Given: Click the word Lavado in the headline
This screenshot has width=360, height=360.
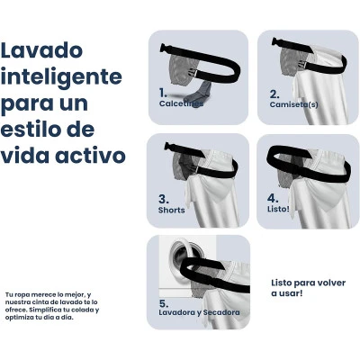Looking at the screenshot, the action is pyautogui.click(x=41, y=50).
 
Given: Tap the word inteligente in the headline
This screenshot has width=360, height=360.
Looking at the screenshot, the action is pyautogui.click(x=61, y=76).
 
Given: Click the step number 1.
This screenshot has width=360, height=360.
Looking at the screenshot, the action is pyautogui.click(x=163, y=93).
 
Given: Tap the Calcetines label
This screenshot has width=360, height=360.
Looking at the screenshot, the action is pyautogui.click(x=181, y=103).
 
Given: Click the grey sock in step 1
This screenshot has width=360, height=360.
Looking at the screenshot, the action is pyautogui.click(x=199, y=92).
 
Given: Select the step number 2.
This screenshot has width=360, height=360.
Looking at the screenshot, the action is pyautogui.click(x=274, y=94).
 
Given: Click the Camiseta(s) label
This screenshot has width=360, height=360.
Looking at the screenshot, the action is pyautogui.click(x=294, y=104).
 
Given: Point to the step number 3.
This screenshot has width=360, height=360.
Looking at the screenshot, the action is pyautogui.click(x=164, y=199).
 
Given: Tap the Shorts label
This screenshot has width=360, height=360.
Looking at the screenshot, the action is pyautogui.click(x=172, y=210).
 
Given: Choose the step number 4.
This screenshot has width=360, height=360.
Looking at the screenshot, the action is pyautogui.click(x=273, y=198).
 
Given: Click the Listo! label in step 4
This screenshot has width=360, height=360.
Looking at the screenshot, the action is pyautogui.click(x=278, y=209).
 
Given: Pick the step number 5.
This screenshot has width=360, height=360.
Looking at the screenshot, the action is pyautogui.click(x=164, y=303).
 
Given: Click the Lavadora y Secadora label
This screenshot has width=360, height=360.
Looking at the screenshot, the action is pyautogui.click(x=199, y=312).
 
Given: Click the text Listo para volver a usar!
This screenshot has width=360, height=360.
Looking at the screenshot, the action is pyautogui.click(x=309, y=288).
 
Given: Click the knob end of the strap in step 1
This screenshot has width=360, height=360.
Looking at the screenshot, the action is pyautogui.click(x=164, y=48).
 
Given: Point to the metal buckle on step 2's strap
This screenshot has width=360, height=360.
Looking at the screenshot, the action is pyautogui.click(x=303, y=64).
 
